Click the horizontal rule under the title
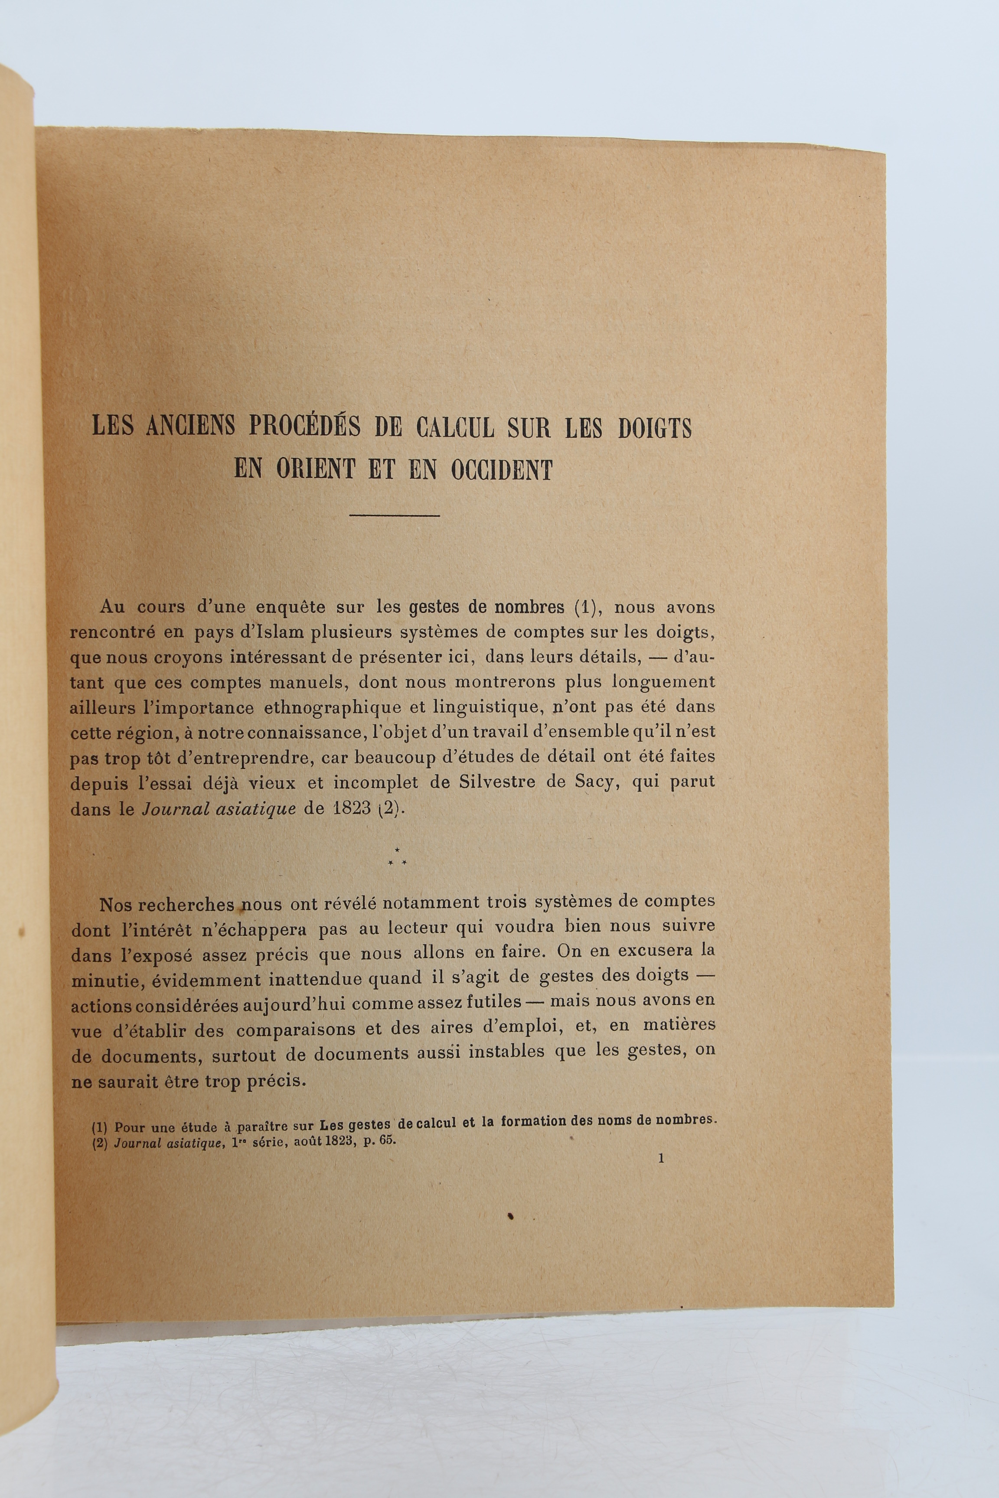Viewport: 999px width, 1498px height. pos(395,515)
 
